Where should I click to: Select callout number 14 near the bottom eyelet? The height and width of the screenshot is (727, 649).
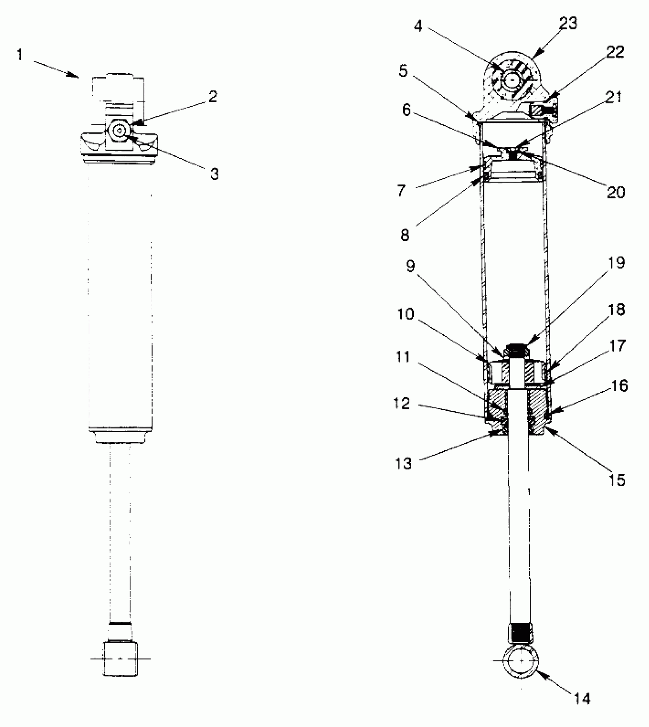[582, 698]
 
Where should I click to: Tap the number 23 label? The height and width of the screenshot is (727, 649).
[568, 24]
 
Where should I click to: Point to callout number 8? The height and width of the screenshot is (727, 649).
[405, 235]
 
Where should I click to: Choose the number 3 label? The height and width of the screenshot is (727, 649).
[215, 174]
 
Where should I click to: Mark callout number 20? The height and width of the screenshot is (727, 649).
[616, 193]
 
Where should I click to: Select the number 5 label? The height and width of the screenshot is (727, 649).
[404, 71]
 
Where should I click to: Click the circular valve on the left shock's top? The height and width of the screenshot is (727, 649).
[120, 131]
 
